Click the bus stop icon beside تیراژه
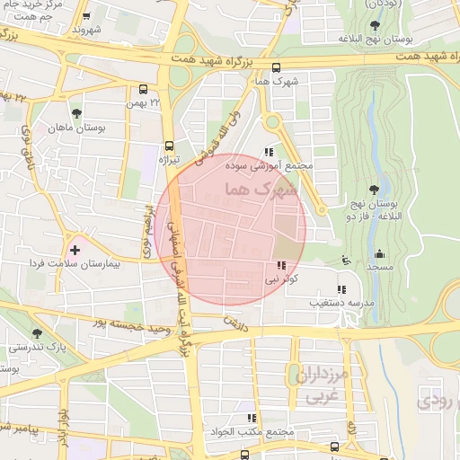(x=169, y=146)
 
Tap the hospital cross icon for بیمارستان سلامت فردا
(x=74, y=249)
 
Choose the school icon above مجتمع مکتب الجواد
(x=252, y=418)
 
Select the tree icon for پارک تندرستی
(x=37, y=333)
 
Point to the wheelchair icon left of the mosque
(x=349, y=261)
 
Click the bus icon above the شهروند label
(x=85, y=16)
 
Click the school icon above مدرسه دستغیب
(x=341, y=289)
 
